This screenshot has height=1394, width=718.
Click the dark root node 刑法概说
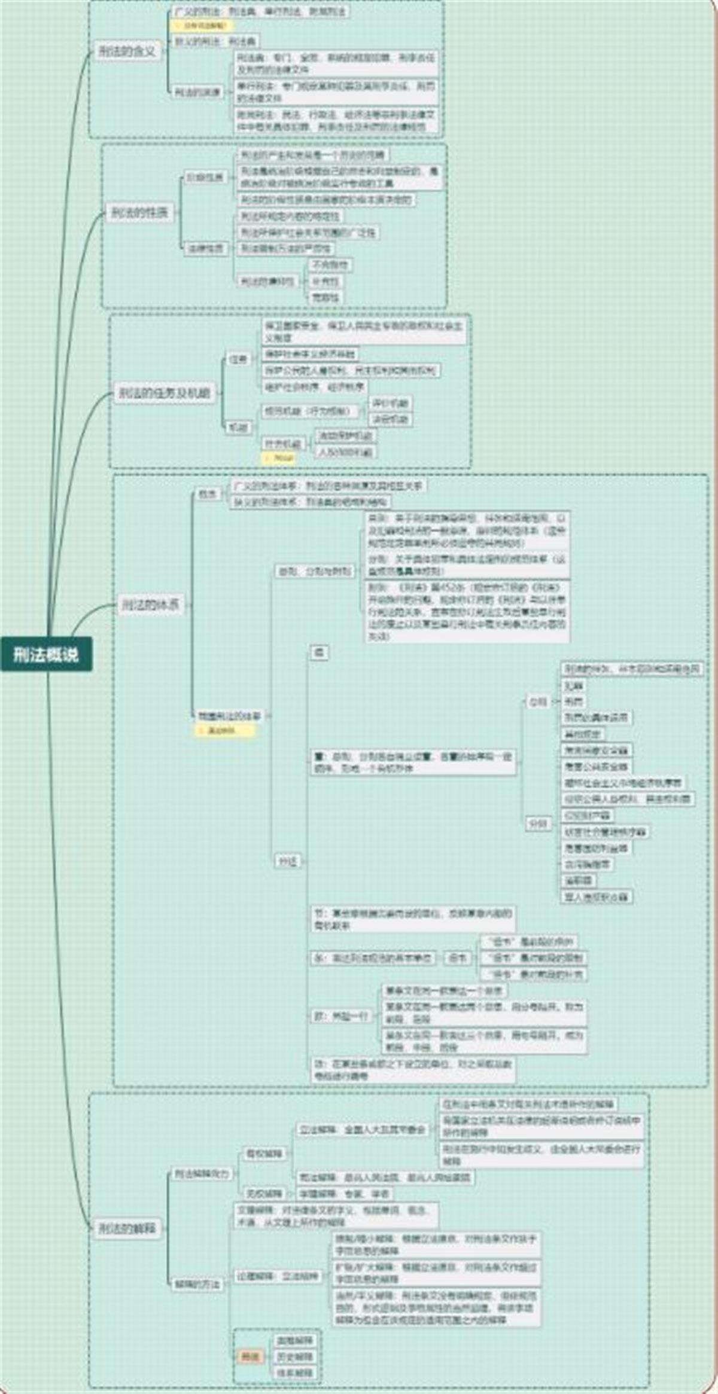tap(46, 654)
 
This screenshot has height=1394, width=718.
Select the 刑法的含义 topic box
tap(127, 51)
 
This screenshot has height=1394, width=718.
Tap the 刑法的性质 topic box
tap(139, 212)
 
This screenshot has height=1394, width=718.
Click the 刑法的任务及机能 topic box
tap(165, 393)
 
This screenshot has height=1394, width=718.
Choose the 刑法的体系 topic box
tap(150, 605)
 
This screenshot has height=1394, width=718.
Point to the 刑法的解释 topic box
tap(127, 1228)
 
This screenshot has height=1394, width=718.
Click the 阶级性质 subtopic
tap(205, 178)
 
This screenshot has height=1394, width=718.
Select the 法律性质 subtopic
tap(205, 248)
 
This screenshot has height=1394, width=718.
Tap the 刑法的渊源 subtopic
tap(197, 92)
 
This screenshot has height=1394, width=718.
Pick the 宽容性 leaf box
tap(325, 297)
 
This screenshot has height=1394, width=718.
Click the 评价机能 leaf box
tap(390, 403)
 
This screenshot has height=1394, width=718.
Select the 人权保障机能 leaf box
tap(345, 452)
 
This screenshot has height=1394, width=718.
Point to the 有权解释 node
tap(264, 1153)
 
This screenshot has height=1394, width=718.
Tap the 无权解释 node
tap(264, 1193)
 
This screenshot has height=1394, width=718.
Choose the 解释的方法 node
tap(197, 1284)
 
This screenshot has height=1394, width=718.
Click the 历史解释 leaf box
tap(295, 1356)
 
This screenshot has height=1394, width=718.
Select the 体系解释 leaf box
tap(295, 1372)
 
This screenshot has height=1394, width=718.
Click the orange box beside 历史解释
tap(250, 1356)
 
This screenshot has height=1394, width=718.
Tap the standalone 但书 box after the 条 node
tap(458, 958)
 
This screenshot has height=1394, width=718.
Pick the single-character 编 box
tap(319, 652)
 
